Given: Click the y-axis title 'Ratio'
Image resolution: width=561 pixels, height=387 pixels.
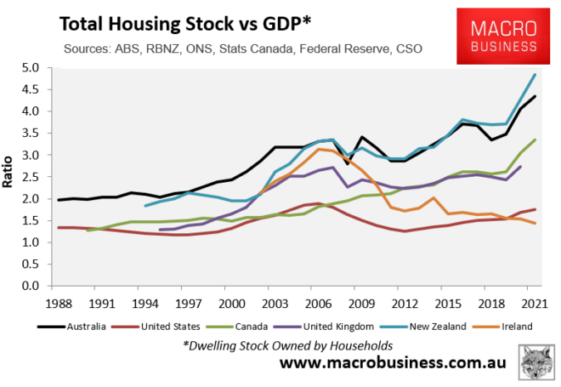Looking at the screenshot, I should [x=10, y=177].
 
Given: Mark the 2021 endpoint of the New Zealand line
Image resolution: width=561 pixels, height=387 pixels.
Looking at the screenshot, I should [x=535, y=74].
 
